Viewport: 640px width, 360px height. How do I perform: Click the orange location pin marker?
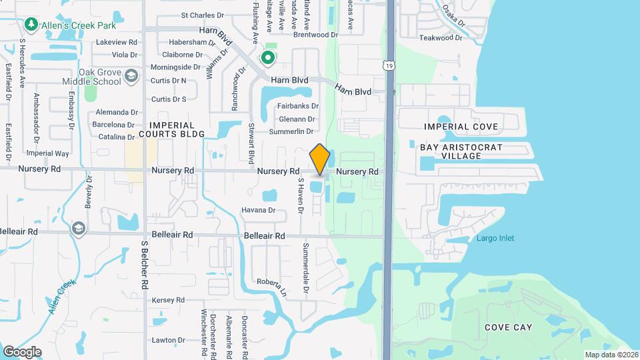pyautogui.click(x=319, y=160)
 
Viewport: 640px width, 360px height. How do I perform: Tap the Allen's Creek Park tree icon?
pyautogui.click(x=31, y=25)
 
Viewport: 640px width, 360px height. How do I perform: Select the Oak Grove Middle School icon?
pyautogui.click(x=131, y=76)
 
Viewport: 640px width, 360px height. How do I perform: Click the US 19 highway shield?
pyautogui.click(x=388, y=64)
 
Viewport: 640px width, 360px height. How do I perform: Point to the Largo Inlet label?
pyautogui.click(x=495, y=238)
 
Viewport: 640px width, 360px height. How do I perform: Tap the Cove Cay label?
pyautogui.click(x=508, y=327)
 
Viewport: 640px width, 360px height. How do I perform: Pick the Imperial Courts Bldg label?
pyautogui.click(x=171, y=129)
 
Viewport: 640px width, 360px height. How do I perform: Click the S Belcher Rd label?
pyautogui.click(x=144, y=265)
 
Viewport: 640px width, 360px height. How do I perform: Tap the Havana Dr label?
pyautogui.click(x=259, y=210)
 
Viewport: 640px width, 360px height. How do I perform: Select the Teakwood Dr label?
pyautogui.click(x=441, y=38)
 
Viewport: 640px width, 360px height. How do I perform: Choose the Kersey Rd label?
pyautogui.click(x=168, y=300)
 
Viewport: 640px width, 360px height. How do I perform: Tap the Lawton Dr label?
pyautogui.click(x=167, y=340)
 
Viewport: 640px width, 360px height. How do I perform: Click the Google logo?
pyautogui.click(x=22, y=351)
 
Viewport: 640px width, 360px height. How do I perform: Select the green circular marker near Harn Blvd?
pyautogui.click(x=268, y=58)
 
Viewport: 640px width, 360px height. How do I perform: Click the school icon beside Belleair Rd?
pyautogui.click(x=79, y=229)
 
